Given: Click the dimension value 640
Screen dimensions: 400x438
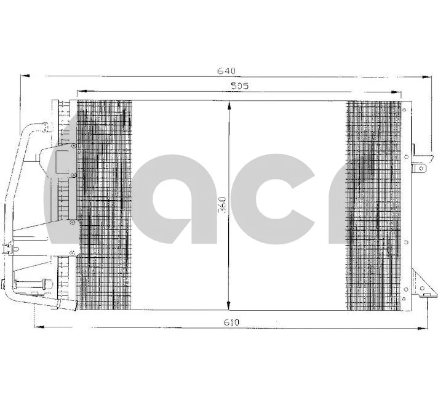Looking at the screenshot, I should coord(226,71).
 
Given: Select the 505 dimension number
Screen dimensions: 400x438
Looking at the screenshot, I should coord(238,87).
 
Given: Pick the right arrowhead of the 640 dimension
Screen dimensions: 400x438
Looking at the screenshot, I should coord(428,76).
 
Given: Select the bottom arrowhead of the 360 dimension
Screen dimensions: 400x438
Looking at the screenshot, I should coord(229,307).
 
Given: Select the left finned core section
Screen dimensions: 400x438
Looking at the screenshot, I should coord(104,203).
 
